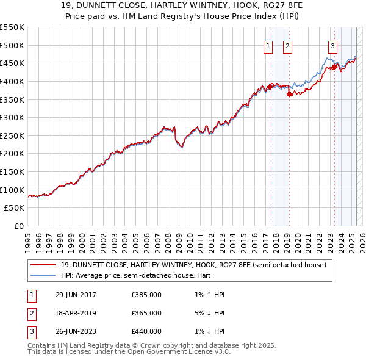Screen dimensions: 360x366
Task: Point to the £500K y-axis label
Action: pos(12,45)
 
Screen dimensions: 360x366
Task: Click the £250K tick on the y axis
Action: pos(12,135)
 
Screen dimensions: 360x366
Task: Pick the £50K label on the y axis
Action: pos(15,208)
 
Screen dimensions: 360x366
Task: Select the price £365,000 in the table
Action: pos(146,313)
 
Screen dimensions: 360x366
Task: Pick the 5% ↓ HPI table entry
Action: pos(211,313)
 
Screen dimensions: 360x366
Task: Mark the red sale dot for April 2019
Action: pos(289,94)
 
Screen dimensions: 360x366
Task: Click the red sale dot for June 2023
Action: pos(334,67)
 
